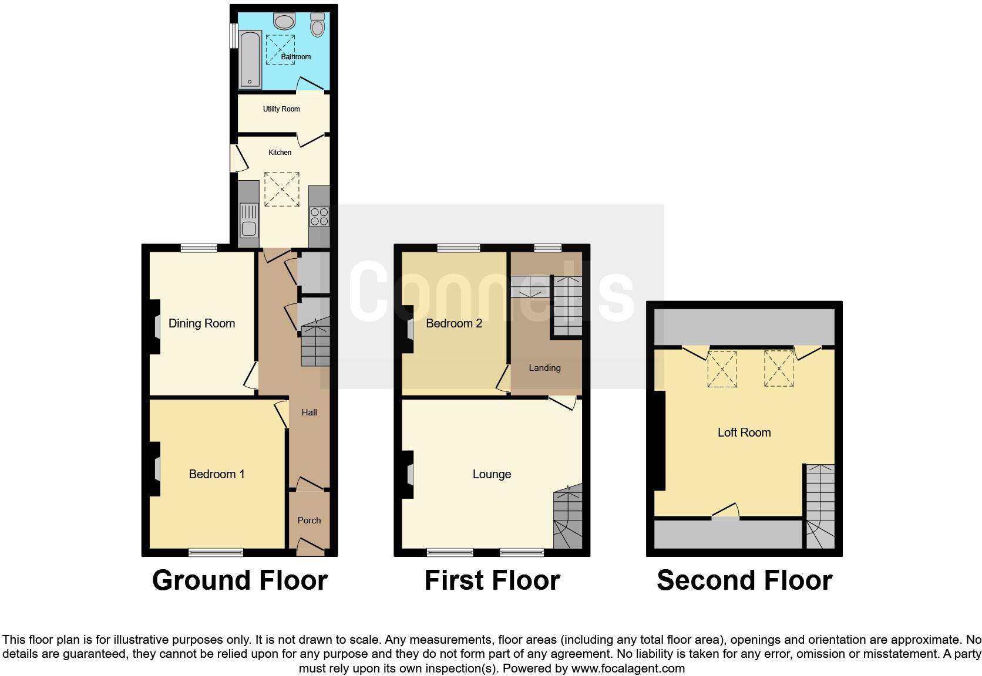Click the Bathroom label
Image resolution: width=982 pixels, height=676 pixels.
point(295,57)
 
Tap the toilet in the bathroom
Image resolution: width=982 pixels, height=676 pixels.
point(318,25)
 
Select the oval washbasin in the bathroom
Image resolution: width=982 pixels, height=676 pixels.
point(285,22)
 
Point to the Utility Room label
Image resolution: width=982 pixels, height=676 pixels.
point(281,109)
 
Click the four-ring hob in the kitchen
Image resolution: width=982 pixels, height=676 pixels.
point(320,217)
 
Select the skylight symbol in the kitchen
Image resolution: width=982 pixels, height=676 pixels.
point(282,189)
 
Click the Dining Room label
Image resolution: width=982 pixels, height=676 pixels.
point(201,323)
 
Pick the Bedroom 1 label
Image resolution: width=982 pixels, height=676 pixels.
point(217,474)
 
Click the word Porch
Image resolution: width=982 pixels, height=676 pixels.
point(309,520)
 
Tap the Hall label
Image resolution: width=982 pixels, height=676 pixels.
point(309,413)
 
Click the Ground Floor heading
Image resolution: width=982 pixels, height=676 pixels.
point(240,580)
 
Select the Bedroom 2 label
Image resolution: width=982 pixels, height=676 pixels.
point(454,323)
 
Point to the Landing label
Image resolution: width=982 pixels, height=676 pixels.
point(544,368)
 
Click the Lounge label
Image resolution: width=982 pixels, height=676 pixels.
point(492,474)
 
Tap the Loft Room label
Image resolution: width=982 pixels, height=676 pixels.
point(744,432)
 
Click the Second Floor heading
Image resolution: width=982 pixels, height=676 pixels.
point(744,580)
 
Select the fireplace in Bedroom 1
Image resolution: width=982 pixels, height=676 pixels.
point(157,469)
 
